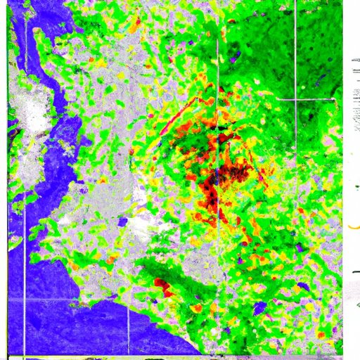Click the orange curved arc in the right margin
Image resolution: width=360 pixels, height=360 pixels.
352,226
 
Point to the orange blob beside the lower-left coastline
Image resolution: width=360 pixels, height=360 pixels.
73,265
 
